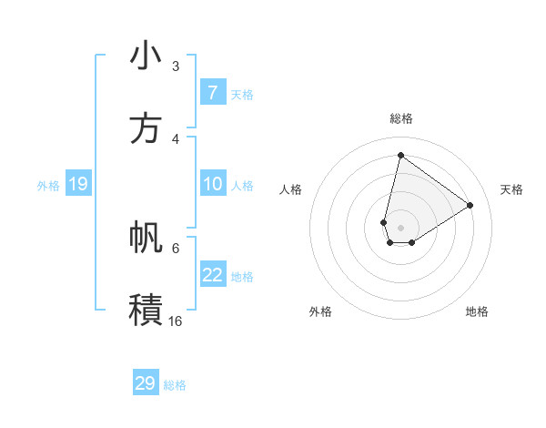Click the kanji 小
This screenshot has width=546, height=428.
coord(146,56)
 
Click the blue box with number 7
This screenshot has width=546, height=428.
coord(212,93)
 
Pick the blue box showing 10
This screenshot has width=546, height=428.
coord(212,184)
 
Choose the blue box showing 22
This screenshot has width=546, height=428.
coord(212,275)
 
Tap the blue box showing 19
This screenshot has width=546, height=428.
coord(77,184)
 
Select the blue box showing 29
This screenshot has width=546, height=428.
coord(146,383)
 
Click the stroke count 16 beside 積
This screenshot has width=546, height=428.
coord(175,321)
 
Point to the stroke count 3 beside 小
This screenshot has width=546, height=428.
coord(176,66)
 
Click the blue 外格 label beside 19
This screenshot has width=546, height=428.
coord(48,185)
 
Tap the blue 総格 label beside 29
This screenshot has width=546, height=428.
coord(175,385)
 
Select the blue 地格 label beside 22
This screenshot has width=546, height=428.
coord(242,276)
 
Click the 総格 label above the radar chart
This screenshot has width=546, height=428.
coord(400,118)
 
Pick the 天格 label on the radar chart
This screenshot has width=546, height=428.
coord(511,189)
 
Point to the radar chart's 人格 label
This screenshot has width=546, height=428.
coord(290,189)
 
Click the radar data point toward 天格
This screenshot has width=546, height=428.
coord(470,205)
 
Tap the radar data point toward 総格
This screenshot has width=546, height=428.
coord(400,155)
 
